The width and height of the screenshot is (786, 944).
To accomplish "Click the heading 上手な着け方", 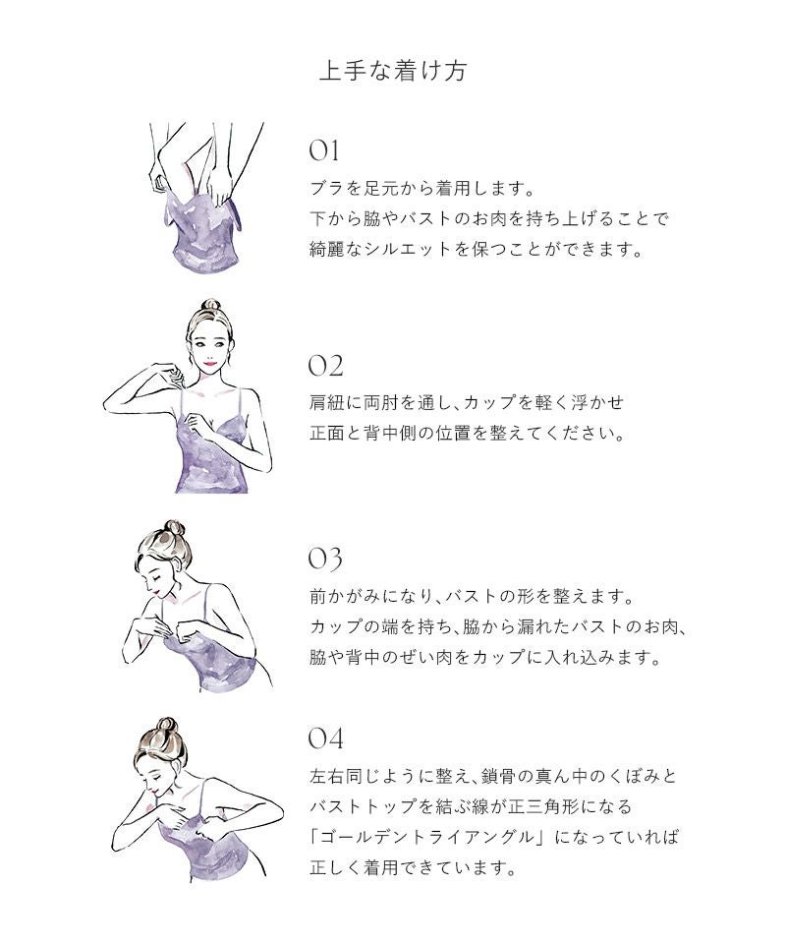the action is click(393, 71).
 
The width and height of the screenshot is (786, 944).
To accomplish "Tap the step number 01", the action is click(323, 150).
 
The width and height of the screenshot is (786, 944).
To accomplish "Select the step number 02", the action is click(325, 366).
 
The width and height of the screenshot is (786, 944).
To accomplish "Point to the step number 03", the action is click(325, 559).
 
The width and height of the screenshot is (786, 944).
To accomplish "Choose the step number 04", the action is click(326, 738).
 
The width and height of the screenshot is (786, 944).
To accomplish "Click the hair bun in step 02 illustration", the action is click(210, 305).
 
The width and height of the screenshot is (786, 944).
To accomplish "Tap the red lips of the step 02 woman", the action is click(210, 363).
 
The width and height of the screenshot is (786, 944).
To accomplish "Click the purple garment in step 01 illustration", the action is click(202, 232).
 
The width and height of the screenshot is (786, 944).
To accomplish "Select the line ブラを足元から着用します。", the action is click(421, 189).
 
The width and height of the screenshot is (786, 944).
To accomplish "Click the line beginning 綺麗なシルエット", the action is click(477, 249).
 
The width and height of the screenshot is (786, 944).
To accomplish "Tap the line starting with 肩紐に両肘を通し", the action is click(467, 402).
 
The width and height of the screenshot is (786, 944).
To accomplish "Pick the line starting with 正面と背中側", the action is click(468, 433).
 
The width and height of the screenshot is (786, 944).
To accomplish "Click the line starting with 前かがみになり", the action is click(472, 597).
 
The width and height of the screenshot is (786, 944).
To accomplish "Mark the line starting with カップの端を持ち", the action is click(498, 626).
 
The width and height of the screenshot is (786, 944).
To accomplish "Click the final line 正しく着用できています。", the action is click(414, 867).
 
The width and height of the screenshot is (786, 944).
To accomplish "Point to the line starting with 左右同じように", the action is click(493, 776).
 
